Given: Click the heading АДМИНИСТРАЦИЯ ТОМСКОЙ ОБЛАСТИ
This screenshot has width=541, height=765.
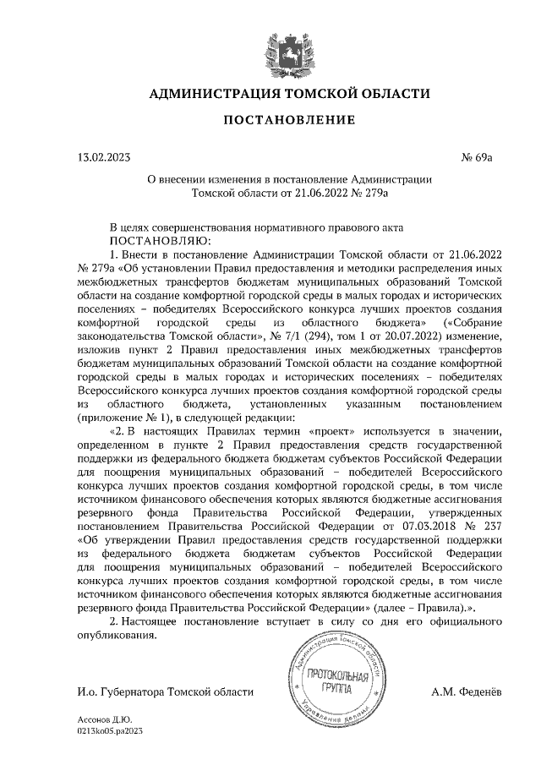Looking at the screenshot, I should [270, 95].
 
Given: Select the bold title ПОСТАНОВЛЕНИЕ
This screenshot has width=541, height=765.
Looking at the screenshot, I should [270, 123].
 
